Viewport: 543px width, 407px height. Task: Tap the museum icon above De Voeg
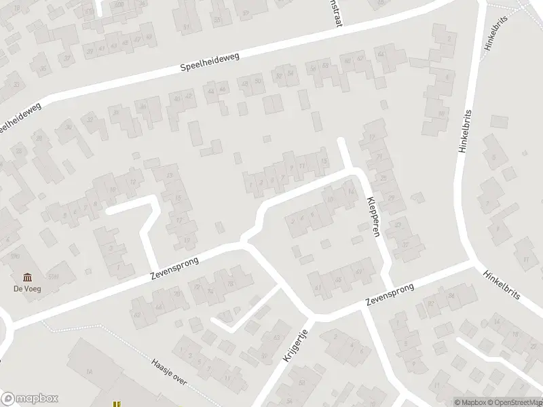point(27,277)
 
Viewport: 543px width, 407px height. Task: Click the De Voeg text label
point(27,289)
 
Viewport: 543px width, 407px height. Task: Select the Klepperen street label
point(372,217)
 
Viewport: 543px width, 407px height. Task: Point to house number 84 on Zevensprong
point(451,296)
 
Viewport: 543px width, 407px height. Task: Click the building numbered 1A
point(89,372)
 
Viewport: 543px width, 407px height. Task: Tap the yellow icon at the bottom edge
point(116,403)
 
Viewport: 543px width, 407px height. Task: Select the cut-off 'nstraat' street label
point(335,13)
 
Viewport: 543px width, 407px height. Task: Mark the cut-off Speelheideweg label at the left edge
point(20,117)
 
